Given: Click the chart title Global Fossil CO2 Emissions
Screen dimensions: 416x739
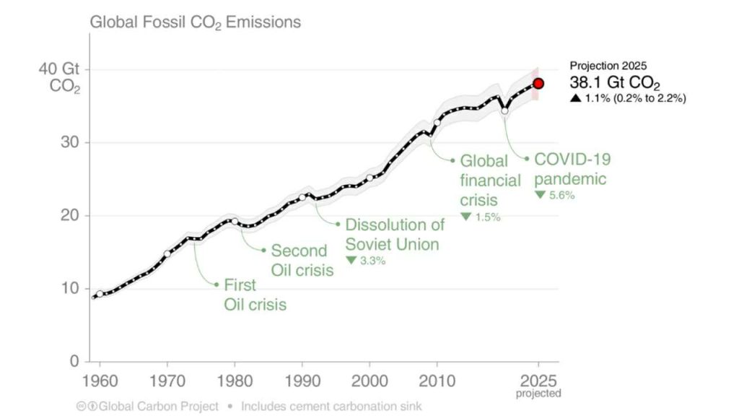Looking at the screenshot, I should pos(195,22).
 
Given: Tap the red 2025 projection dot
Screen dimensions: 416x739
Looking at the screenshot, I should pos(538,84).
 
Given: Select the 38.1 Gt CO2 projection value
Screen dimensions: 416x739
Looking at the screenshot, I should pos(615,82).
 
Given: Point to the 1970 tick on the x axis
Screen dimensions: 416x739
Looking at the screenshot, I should pos(167,379).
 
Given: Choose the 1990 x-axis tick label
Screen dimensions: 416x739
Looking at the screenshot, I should pos(302,379).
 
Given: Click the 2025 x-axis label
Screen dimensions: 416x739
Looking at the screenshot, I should pos(538,379).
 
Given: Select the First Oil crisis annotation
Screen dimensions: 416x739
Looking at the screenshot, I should pos(255,294).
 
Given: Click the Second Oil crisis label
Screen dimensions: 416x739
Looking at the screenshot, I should pos(302,261).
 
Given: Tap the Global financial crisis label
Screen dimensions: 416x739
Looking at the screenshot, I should pos(490,180).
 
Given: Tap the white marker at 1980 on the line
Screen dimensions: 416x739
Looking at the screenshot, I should pos(235,222).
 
